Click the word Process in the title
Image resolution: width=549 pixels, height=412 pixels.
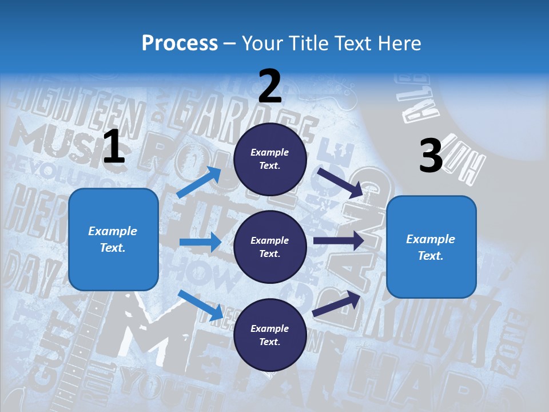pos(180,43)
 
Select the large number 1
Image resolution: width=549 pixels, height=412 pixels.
pos(114,147)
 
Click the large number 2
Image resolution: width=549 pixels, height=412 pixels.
pos(270,86)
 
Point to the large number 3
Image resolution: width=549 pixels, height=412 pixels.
pos(431,156)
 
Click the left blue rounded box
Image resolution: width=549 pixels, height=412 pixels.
pos(113,239)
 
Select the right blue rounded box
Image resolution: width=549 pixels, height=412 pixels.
pos(431,247)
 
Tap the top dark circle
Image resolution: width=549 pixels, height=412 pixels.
pos(270,159)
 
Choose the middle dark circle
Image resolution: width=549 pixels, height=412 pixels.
pos(270,247)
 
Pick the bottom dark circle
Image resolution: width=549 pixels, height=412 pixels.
pos(270,335)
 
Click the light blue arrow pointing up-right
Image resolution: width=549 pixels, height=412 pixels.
pos(199,182)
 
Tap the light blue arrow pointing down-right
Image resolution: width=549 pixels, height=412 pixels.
pos(200,304)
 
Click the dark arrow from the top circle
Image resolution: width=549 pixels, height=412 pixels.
pos(340,182)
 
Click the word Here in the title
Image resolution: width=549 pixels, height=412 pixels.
pos(400,43)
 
